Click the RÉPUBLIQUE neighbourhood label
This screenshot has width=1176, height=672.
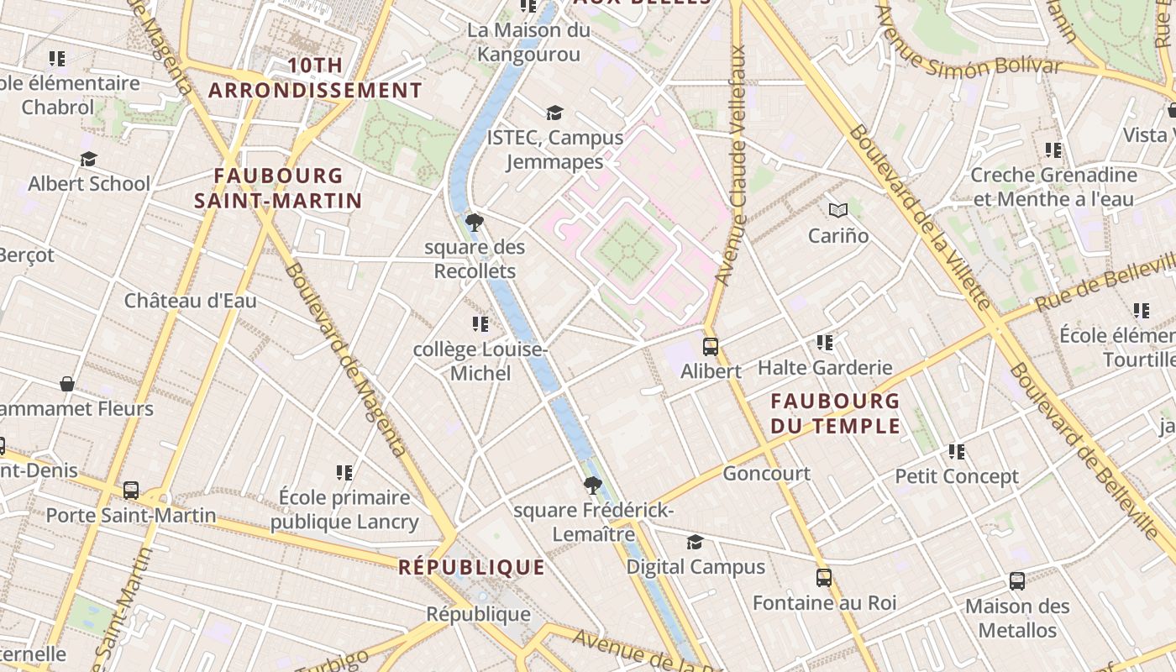[x=471, y=567]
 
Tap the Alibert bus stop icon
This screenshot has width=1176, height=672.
[x=711, y=346]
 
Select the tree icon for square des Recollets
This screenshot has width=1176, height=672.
[x=475, y=223]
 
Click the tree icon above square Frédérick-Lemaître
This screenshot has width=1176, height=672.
[x=593, y=485]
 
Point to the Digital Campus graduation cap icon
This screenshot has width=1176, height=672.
[x=695, y=542]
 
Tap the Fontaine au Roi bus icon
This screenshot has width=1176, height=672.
[x=824, y=578]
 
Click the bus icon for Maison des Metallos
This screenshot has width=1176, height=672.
[x=1017, y=581]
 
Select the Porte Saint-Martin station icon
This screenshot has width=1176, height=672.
[x=131, y=491]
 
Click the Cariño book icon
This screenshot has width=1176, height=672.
[x=837, y=211]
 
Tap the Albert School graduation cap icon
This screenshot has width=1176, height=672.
[x=88, y=159]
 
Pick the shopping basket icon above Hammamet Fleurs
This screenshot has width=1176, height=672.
[x=67, y=384]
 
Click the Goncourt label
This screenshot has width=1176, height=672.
[x=766, y=474]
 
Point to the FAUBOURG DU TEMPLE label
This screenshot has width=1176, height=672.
[x=835, y=413]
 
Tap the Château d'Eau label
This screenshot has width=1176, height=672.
[x=191, y=301]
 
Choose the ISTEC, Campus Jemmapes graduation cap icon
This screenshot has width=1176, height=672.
[x=554, y=113]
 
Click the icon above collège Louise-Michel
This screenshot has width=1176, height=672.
[x=480, y=324]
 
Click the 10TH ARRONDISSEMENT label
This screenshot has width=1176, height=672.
[x=315, y=78]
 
